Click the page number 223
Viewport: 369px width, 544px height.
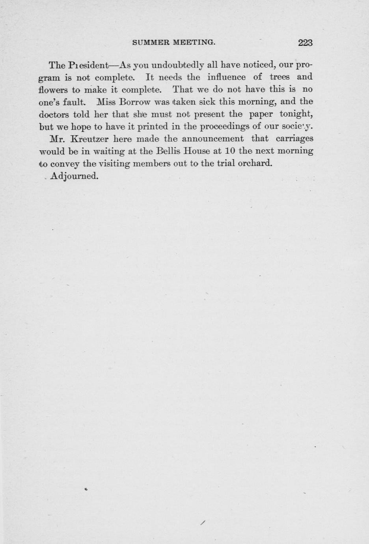tap(305, 43)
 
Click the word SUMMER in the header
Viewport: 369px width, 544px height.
tap(151, 42)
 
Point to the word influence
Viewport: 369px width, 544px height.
tap(226, 77)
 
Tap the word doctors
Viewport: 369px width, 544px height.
tap(54, 114)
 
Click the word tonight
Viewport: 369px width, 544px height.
tap(296, 114)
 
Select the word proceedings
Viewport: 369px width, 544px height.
tap(225, 127)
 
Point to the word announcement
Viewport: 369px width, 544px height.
tap(213, 139)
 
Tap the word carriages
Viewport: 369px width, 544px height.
tap(294, 139)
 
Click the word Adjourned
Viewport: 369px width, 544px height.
tap(74, 176)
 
